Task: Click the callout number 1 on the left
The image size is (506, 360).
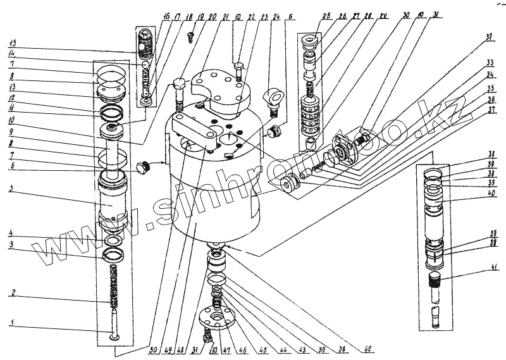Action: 11,323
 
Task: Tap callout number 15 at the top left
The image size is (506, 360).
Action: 12,43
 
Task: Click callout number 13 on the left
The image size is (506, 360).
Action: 12,86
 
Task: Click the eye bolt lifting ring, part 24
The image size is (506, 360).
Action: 273,98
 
